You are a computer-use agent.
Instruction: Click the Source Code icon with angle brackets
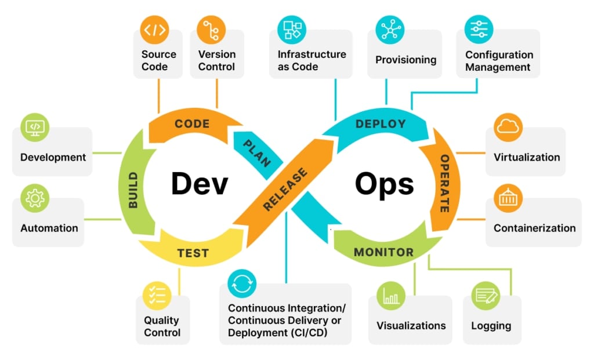click(155, 30)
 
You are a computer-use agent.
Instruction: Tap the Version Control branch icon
click(211, 30)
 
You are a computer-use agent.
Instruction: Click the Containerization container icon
click(508, 199)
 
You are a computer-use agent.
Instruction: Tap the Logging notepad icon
click(486, 295)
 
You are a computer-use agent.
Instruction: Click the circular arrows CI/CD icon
click(242, 284)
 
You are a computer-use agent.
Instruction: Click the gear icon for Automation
click(35, 199)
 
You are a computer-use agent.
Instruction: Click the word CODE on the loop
click(192, 124)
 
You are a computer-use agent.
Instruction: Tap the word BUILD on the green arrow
click(133, 190)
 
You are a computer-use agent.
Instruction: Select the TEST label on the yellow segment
click(193, 253)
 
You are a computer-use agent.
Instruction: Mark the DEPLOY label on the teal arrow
click(381, 124)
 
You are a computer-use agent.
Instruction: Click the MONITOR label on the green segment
click(383, 253)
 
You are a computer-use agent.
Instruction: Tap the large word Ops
click(385, 184)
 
